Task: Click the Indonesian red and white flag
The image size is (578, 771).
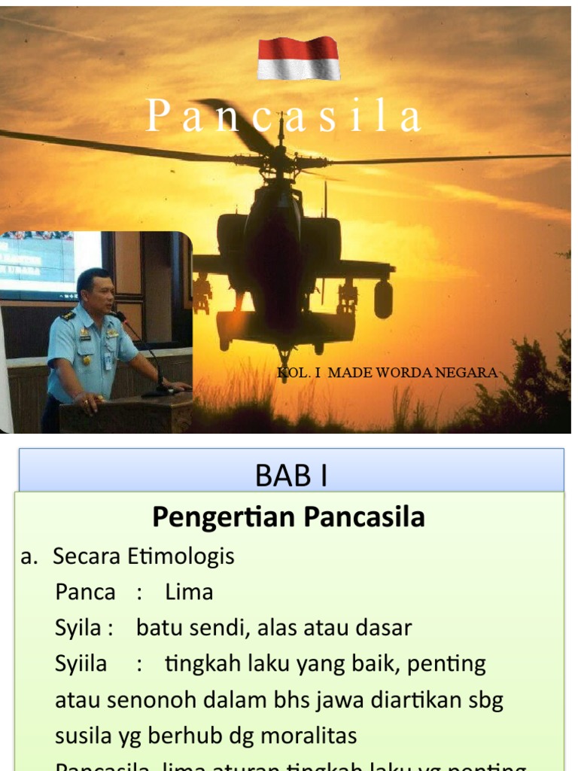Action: [x=298, y=58]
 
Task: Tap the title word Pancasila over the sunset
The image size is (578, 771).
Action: [x=283, y=117]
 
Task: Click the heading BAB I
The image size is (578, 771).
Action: [x=291, y=475]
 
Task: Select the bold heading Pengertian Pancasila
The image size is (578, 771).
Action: [x=288, y=517]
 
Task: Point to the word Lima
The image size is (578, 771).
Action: [x=189, y=592]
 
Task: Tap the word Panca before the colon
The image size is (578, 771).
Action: [x=85, y=592]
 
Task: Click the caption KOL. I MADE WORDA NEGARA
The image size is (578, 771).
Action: [x=387, y=373]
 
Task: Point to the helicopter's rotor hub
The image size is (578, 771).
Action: [x=280, y=158]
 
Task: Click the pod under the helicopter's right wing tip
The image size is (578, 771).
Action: [x=383, y=298]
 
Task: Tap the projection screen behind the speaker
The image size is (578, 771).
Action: [x=38, y=264]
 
